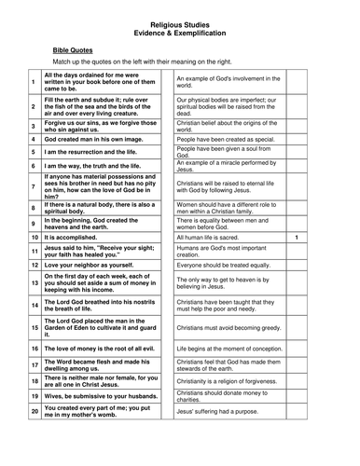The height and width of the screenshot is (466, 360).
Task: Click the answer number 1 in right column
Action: pos(321,238)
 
